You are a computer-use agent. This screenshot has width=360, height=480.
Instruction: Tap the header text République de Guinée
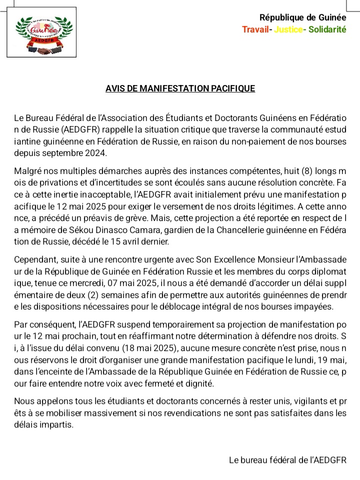pos(302,18)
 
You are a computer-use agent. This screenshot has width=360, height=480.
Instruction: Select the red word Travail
pos(255,29)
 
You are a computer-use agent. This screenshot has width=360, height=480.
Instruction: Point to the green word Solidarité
pos(327,29)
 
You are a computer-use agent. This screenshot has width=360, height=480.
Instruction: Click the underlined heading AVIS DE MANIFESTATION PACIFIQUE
pos(180,88)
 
